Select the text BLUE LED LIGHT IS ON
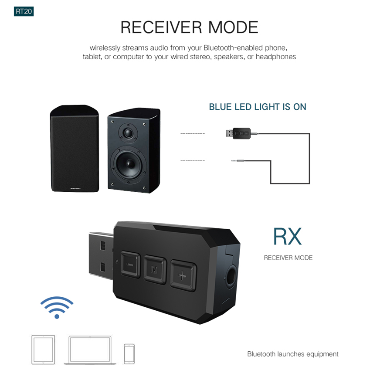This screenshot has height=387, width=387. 257,107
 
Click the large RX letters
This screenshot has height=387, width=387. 287,236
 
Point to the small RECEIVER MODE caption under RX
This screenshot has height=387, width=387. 288,258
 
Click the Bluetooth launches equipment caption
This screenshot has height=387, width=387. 292,354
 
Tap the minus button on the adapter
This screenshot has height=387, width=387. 130,264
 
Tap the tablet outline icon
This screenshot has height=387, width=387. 43,349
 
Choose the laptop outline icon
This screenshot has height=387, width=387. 90,350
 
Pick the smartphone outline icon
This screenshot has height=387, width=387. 129,353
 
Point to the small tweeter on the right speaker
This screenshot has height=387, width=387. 128,132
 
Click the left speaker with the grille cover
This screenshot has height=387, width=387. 74,149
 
